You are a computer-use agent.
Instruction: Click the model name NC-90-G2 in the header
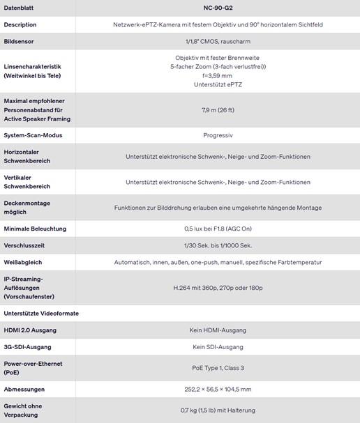218,8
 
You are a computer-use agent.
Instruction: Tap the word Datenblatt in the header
20,8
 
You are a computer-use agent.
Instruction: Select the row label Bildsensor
20,41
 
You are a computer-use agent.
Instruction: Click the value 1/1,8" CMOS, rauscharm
218,41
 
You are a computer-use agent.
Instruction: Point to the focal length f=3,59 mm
218,75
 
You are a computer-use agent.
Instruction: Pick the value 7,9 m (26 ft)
218,109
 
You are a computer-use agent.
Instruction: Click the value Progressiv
218,134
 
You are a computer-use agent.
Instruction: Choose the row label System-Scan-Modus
33,134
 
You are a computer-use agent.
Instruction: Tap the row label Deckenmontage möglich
28,208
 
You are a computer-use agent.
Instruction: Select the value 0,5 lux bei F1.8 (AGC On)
218,229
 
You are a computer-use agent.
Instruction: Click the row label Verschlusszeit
25,245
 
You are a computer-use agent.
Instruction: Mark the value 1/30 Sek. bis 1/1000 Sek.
218,245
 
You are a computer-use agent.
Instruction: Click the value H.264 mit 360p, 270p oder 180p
218,287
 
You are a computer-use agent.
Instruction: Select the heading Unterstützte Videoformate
42,313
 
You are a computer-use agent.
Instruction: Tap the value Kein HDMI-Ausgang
218,330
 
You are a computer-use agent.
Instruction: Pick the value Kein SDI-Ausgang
218,346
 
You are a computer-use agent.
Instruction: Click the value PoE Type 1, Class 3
218,368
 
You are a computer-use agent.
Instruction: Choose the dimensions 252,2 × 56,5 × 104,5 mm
218,390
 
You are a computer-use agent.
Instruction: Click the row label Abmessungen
24,390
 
